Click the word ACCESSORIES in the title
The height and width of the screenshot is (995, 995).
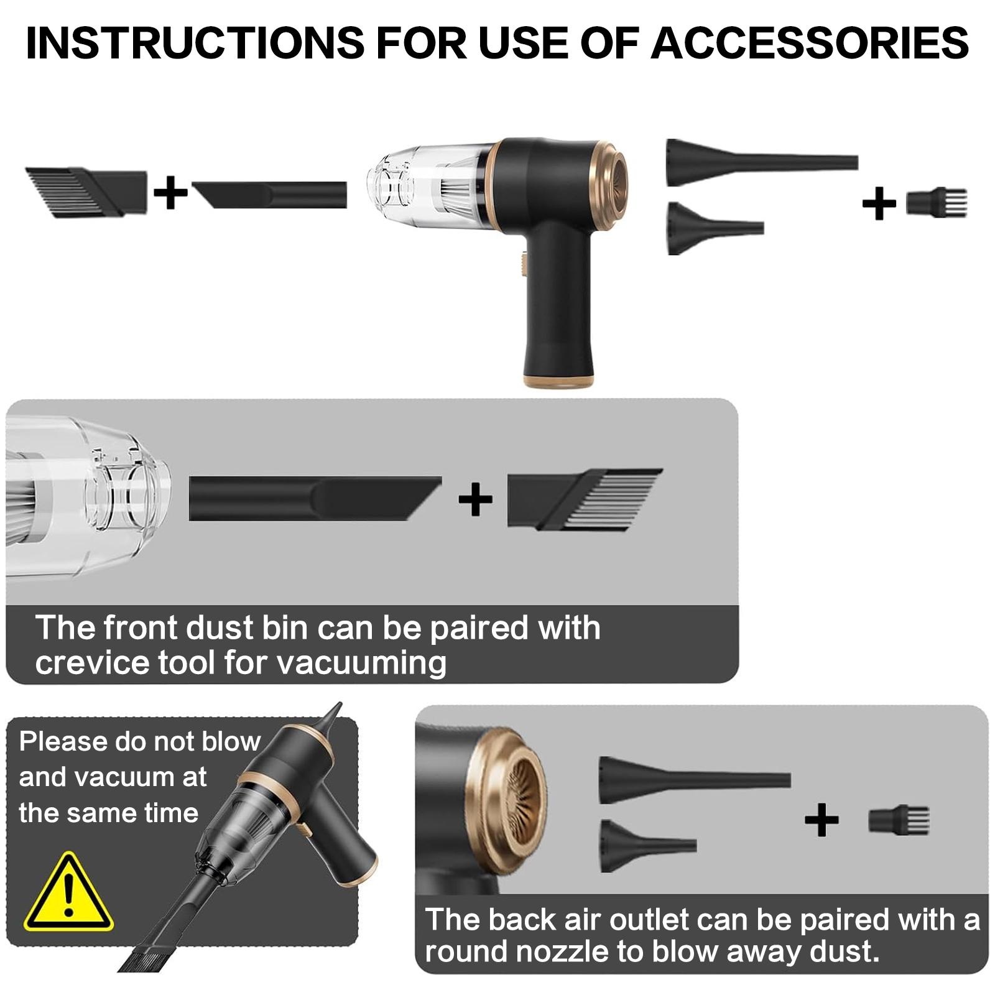click(809, 43)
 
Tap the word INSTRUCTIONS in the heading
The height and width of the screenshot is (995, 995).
click(195, 43)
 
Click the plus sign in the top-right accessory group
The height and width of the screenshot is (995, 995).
click(879, 203)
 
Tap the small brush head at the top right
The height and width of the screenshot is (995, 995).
click(937, 203)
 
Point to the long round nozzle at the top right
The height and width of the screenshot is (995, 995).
click(762, 162)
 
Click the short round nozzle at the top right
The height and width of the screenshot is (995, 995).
click(715, 228)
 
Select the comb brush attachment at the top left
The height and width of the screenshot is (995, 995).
click(86, 192)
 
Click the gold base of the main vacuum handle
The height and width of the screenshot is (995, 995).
click(558, 381)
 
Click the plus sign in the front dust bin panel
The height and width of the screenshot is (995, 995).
click(475, 499)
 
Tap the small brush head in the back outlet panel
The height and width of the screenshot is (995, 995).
click(899, 820)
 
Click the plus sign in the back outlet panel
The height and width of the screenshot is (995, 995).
click(821, 820)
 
